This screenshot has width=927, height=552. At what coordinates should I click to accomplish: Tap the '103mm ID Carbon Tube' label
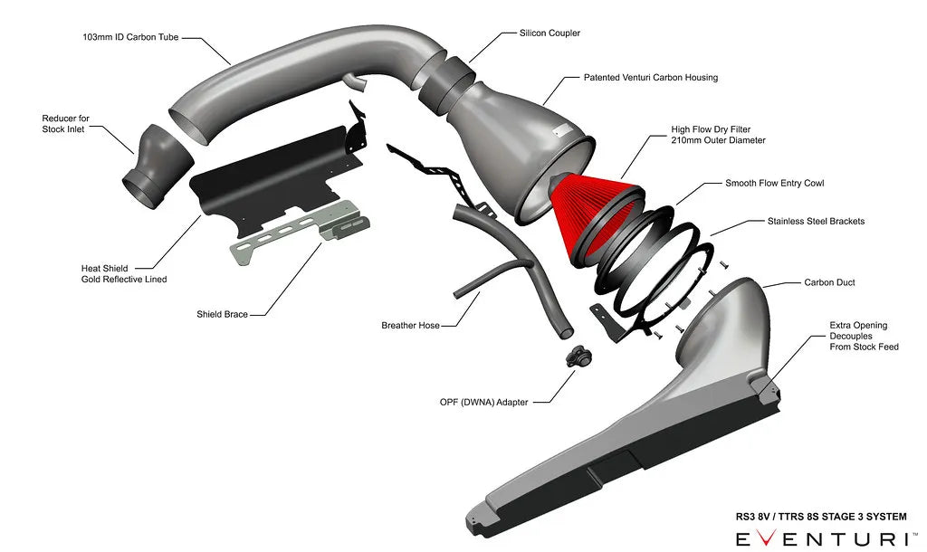click(x=129, y=38)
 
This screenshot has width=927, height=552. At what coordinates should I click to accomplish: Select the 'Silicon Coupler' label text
click(x=550, y=33)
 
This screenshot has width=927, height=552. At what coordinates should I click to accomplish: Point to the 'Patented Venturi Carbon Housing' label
click(x=650, y=78)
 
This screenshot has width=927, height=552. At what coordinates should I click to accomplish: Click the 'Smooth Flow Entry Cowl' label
click(x=774, y=183)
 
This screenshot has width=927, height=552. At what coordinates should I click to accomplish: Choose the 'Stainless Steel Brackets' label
click(x=815, y=221)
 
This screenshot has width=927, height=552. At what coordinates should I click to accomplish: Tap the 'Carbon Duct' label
click(x=829, y=282)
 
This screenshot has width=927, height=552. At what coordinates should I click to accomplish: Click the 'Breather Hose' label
click(x=410, y=325)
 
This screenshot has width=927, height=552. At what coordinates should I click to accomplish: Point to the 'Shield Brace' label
click(x=222, y=315)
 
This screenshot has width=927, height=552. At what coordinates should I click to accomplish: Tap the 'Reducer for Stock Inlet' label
click(x=65, y=124)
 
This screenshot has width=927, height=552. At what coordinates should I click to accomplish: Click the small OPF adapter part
click(x=575, y=357)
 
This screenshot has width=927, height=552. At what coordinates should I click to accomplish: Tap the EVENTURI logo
click(x=819, y=538)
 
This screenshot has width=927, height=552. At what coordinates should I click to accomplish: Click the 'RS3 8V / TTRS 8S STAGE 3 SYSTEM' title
click(x=820, y=517)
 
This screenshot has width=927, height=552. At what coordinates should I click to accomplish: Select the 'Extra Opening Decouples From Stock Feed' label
click(x=864, y=336)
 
